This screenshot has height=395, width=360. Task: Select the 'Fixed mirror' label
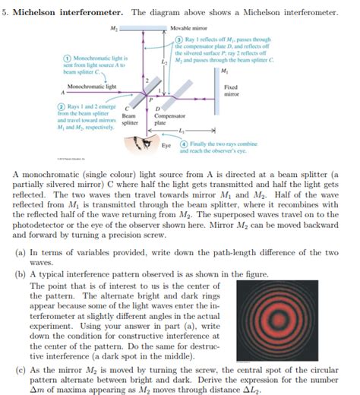tap(231, 91)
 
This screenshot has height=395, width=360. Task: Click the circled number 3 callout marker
tap(178, 39)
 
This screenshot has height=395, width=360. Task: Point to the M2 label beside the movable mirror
tap(114, 28)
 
